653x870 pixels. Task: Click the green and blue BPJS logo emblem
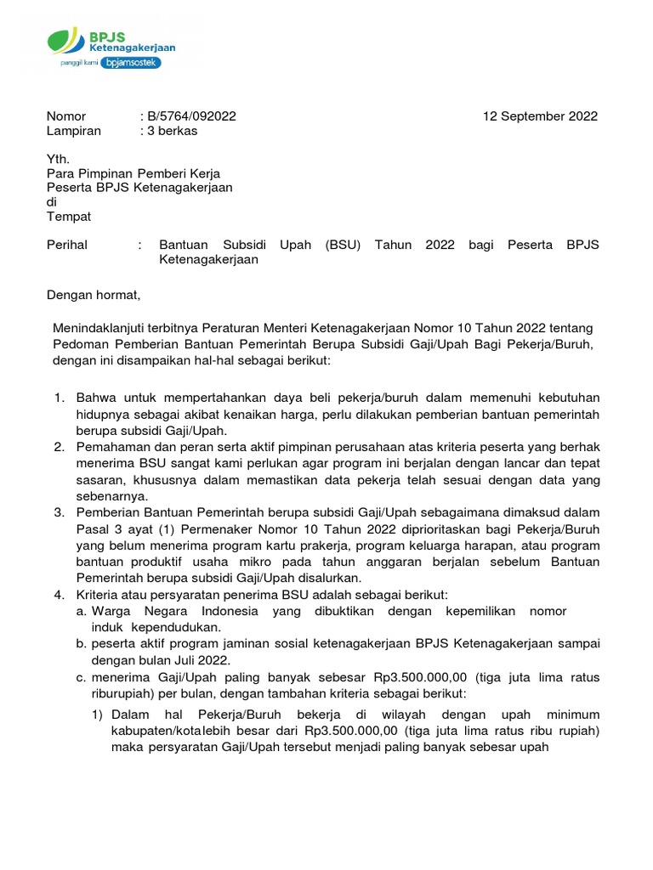pos(66,42)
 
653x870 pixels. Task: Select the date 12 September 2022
pos(540,116)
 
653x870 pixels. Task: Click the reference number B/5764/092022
pos(191,116)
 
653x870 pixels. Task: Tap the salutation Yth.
pos(57,159)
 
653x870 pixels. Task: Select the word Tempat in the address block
pos(68,217)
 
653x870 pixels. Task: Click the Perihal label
pos(66,246)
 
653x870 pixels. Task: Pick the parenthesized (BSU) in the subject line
pos(343,246)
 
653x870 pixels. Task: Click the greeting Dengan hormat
pos(92,295)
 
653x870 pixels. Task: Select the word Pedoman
pos(78,344)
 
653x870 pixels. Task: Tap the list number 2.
pos(59,446)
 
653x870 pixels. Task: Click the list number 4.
pos(59,595)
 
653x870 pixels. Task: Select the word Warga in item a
pos(111,611)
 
